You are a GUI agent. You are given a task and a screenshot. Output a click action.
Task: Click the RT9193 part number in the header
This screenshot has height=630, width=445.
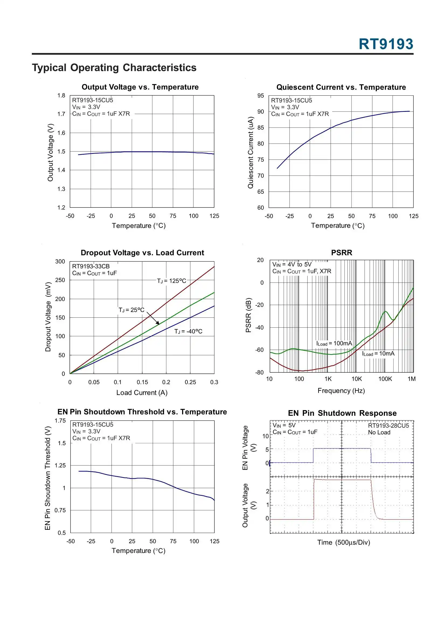point(385,44)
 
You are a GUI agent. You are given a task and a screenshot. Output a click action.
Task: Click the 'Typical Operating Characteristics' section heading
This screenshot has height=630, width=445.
point(114,68)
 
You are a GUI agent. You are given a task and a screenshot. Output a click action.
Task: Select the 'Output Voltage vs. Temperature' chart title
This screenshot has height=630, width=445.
point(140,87)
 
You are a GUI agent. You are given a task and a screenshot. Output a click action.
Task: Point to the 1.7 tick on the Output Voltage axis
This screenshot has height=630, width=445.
point(61,114)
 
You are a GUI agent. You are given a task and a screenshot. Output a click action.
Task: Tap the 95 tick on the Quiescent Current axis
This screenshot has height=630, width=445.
point(260,95)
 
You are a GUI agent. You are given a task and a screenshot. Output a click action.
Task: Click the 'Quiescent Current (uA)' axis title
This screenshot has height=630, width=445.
point(250,153)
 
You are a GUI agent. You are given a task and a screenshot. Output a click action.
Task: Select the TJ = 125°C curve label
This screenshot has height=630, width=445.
point(172,281)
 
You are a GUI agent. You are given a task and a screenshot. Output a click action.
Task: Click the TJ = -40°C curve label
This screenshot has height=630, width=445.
point(188,331)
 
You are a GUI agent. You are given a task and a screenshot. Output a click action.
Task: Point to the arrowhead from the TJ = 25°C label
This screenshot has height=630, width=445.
point(158,324)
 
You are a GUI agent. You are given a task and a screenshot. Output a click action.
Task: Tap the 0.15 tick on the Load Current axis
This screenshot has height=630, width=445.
point(142,382)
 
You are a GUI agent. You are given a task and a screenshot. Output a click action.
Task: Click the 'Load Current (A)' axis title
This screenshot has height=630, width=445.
point(142,393)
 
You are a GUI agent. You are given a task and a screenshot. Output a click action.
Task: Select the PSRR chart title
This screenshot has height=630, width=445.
point(341,253)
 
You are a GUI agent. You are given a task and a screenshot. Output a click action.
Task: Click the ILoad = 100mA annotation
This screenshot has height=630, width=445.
point(334,344)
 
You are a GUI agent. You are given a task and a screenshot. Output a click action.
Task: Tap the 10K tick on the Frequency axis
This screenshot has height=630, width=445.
point(356,379)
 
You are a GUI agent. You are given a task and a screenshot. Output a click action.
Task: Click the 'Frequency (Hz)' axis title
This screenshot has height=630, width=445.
point(341,391)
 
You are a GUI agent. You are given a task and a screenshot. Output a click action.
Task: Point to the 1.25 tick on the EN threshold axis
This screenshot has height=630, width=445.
point(60,465)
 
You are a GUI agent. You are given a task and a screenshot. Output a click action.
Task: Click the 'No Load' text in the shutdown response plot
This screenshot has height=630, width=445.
point(379,432)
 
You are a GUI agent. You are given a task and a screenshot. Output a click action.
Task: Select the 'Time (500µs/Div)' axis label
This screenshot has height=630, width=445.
point(343,542)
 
